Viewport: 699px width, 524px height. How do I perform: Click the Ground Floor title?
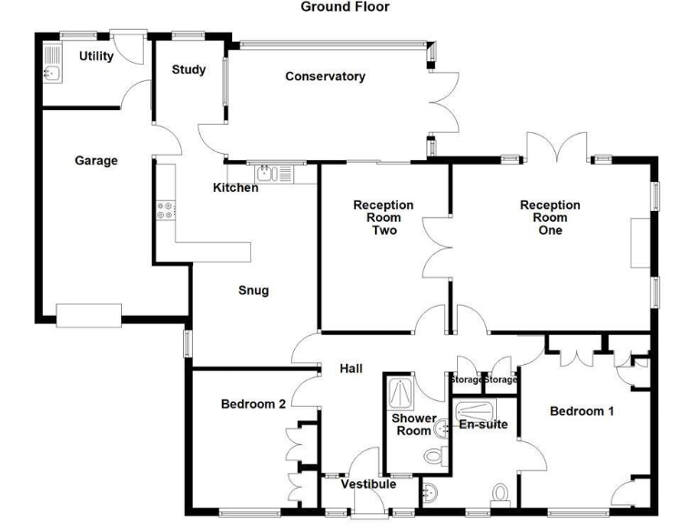click(345, 6)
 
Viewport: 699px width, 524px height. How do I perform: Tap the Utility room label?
click(96, 56)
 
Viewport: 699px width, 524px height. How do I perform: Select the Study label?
click(188, 69)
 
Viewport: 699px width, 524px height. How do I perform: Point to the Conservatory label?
click(325, 76)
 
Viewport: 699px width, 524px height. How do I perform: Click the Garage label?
click(96, 161)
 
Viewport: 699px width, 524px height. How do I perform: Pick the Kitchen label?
click(236, 188)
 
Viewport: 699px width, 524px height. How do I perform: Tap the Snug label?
click(254, 290)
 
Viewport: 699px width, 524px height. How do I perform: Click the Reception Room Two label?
click(383, 217)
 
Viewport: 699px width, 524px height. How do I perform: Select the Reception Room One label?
click(550, 217)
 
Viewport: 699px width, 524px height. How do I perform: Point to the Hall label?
click(350, 368)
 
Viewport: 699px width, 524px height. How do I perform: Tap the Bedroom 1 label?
click(582, 411)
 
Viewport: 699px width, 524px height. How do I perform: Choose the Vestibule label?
click(368, 484)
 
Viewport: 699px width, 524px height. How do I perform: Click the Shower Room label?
click(414, 425)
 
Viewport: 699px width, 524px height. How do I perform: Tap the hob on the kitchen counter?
click(165, 211)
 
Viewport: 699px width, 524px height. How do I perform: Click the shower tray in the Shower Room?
click(400, 393)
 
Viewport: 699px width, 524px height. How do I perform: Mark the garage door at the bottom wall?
click(88, 315)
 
